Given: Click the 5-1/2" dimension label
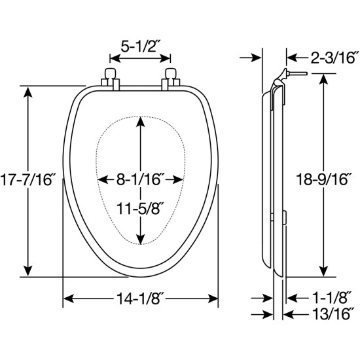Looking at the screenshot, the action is [140, 47].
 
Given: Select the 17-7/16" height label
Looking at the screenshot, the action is [27, 179].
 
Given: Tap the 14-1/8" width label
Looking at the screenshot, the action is [140, 298].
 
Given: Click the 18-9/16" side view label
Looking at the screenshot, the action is [322, 179].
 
